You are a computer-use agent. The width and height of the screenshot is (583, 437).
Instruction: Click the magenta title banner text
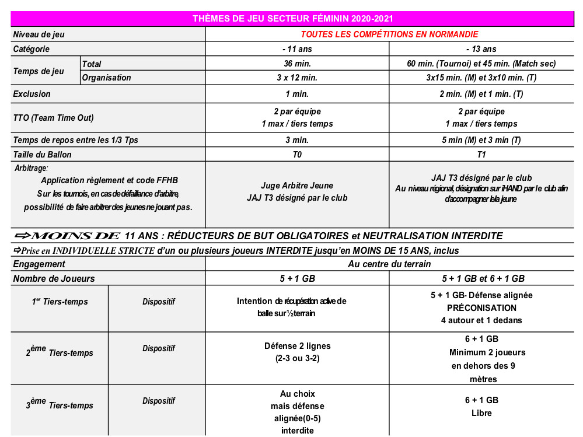(x=296, y=19)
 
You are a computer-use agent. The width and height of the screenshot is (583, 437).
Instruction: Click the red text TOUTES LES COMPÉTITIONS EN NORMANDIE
(x=389, y=34)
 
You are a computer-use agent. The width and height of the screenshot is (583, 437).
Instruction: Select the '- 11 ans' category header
(x=296, y=49)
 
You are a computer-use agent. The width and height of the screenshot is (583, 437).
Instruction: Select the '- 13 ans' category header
(x=481, y=49)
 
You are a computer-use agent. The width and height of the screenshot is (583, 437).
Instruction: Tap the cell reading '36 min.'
(x=296, y=64)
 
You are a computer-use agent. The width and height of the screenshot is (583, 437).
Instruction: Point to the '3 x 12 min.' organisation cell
(x=296, y=78)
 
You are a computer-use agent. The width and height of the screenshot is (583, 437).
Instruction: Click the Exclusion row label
(x=32, y=93)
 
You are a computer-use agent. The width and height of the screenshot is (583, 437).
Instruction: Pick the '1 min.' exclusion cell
(x=296, y=93)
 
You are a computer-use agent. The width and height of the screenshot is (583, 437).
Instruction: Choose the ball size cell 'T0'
(x=296, y=155)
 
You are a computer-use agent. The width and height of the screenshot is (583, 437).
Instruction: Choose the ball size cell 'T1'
(x=481, y=155)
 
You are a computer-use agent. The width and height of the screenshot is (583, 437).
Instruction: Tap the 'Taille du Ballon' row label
(x=43, y=155)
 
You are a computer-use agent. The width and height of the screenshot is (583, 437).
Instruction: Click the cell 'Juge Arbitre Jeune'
(x=296, y=186)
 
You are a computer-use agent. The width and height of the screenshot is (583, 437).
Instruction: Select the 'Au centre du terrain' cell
(x=389, y=264)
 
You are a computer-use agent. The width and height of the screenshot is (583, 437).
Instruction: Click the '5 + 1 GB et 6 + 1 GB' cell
(x=481, y=278)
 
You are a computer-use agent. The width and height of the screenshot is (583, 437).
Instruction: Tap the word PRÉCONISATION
(x=481, y=307)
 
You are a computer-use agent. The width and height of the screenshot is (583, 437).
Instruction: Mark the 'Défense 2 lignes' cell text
(x=296, y=346)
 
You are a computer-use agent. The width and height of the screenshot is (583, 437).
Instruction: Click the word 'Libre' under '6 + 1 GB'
(x=481, y=413)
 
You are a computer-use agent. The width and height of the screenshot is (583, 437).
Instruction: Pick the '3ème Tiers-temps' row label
(x=60, y=404)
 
